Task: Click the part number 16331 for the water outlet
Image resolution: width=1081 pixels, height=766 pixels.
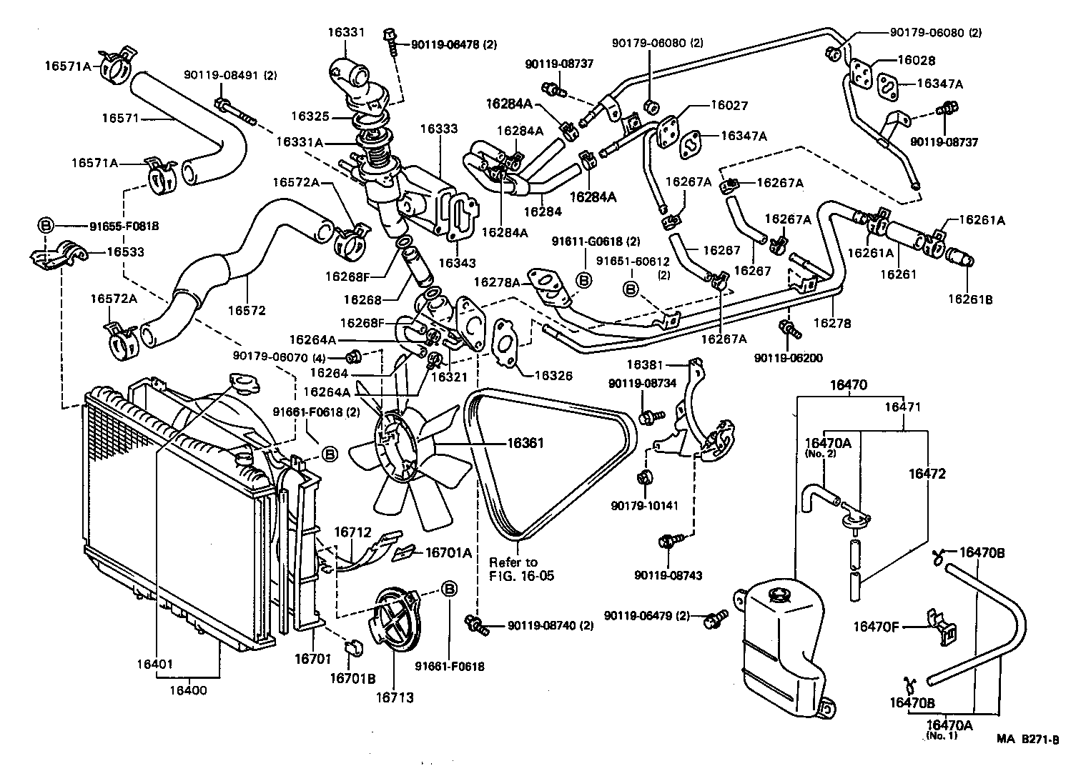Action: (x=346, y=32)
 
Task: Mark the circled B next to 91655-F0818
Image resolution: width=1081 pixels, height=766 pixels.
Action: (x=45, y=226)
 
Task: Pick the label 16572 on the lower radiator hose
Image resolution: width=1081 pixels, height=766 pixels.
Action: (x=247, y=311)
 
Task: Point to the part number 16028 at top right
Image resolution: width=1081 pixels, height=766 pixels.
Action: (x=917, y=61)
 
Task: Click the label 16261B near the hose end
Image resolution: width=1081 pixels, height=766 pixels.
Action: (x=970, y=299)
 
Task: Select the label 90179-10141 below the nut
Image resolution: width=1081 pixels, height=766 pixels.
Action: (x=644, y=506)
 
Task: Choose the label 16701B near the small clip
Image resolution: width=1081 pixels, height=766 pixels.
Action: (x=352, y=678)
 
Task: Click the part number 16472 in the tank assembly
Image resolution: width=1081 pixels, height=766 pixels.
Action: (x=927, y=474)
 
